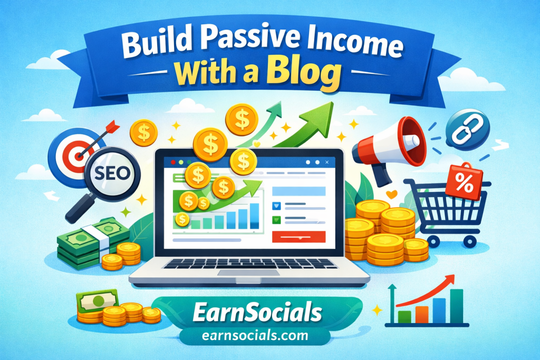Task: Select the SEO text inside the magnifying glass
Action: (x=112, y=173)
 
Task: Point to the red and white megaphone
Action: (x=389, y=148)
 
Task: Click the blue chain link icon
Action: (x=467, y=131)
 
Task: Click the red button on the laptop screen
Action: (x=298, y=237)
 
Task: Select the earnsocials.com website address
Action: (x=255, y=335)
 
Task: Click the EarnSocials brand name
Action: (x=257, y=312)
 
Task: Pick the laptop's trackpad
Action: (x=249, y=273)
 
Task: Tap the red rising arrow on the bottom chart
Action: (x=426, y=292)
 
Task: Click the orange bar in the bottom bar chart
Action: (x=421, y=314)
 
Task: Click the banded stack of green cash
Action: (x=92, y=241)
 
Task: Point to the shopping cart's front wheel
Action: (x=469, y=241)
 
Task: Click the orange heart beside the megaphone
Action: (x=392, y=194)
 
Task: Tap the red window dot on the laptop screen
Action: (x=173, y=162)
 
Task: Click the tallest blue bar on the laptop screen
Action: (x=254, y=216)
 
